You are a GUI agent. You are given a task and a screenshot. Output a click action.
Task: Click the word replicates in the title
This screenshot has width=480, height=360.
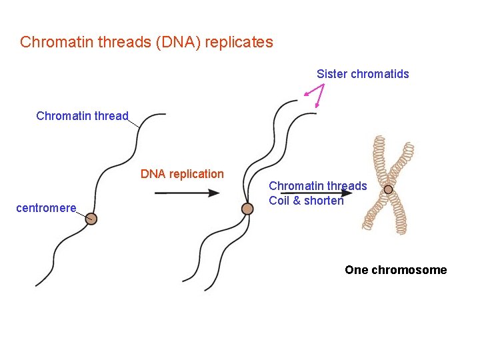tap(239, 42)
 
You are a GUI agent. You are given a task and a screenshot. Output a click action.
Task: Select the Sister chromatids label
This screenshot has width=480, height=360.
tap(363, 74)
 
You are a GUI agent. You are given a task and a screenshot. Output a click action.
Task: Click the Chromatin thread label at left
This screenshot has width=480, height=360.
tap(82, 116)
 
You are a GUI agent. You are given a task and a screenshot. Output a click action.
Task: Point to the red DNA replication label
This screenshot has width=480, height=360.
tap(182, 174)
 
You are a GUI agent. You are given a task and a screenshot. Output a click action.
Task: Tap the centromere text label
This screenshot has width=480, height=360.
tap(46, 208)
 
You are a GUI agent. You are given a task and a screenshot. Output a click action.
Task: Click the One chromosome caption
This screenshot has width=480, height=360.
tap(395, 270)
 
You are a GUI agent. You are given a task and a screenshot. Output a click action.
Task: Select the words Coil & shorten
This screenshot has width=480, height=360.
tap(306, 201)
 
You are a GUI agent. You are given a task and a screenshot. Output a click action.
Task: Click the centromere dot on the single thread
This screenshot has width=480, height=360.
tap(91, 219)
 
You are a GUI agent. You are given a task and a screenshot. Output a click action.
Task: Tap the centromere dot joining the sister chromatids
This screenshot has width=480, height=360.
tap(247, 209)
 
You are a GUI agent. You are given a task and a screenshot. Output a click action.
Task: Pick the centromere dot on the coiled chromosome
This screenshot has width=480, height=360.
tap(388, 189)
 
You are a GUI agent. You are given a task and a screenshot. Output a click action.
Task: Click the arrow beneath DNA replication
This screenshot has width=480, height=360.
tap(187, 193)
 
